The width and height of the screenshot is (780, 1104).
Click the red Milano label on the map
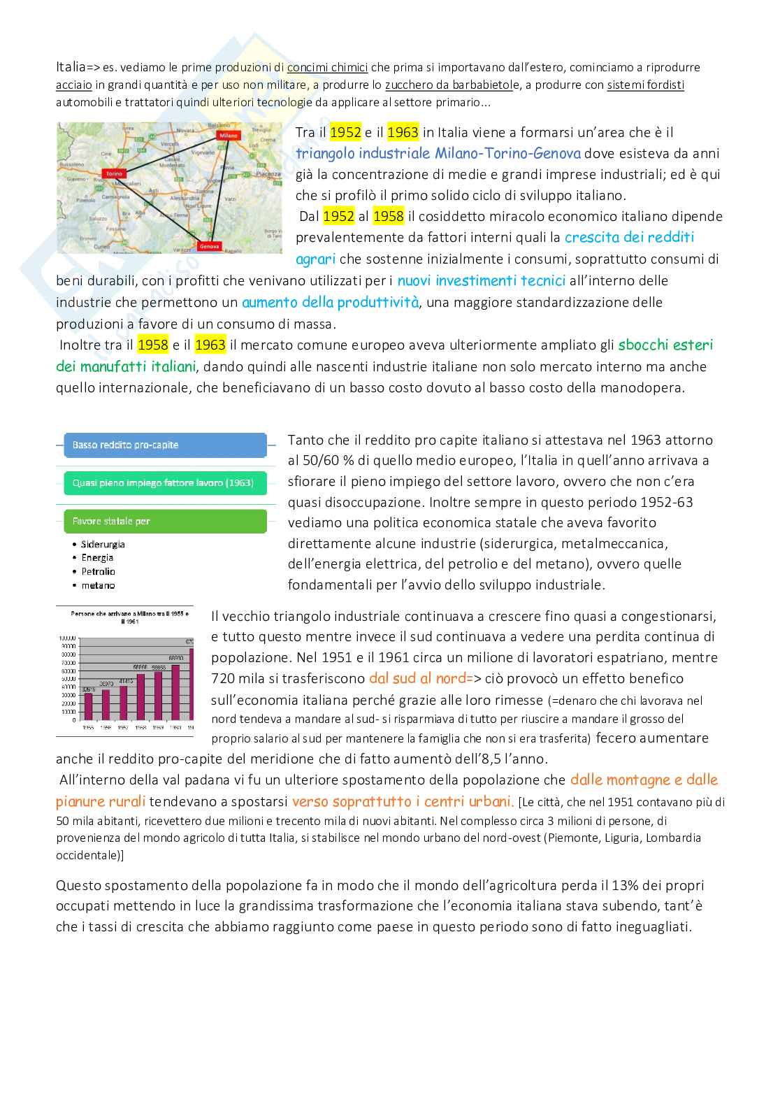(x=229, y=135)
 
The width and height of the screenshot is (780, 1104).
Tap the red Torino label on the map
(x=113, y=173)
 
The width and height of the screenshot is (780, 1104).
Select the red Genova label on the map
(x=209, y=246)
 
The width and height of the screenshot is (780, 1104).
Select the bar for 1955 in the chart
(x=88, y=705)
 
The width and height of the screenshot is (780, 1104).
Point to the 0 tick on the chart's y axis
(x=72, y=719)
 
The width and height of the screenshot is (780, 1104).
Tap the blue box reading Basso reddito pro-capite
(x=165, y=445)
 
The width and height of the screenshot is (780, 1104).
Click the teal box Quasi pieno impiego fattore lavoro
(x=165, y=482)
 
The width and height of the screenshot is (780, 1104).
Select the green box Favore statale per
(x=165, y=521)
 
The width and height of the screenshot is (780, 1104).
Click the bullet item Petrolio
(x=98, y=571)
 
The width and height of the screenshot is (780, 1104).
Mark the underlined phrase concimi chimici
(x=327, y=68)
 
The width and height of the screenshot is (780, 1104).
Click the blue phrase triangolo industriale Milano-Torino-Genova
(x=438, y=153)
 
